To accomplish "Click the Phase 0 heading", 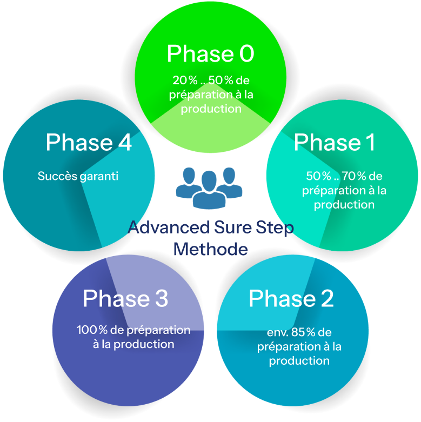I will pyautogui.click(x=210, y=54).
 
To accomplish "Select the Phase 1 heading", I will pyautogui.click(x=334, y=143).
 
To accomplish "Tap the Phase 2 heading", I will pyautogui.click(x=291, y=298).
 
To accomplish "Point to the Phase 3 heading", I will pyautogui.click(x=125, y=298).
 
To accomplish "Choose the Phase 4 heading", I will pyautogui.click(x=89, y=143).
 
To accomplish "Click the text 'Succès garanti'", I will pyautogui.click(x=78, y=176).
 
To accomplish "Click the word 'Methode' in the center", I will pyautogui.click(x=210, y=249).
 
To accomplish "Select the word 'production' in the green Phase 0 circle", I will pyautogui.click(x=211, y=109).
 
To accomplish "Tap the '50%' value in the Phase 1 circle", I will pyautogui.click(x=319, y=176).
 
